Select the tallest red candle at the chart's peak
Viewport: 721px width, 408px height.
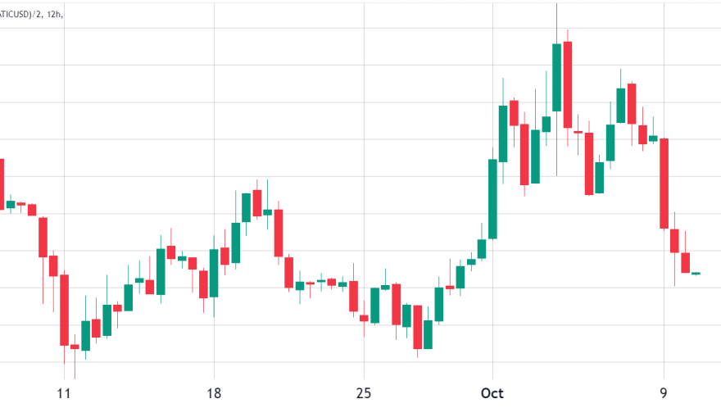click(567, 84)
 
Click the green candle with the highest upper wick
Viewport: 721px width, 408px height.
click(556, 77)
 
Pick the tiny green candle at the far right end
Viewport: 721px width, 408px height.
click(696, 273)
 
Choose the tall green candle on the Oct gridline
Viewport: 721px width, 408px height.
click(492, 198)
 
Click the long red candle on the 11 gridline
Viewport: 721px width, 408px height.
click(64, 310)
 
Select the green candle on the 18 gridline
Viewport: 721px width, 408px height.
click(214, 273)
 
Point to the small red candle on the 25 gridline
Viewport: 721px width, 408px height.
click(364, 317)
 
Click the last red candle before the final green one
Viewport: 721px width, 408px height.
click(686, 263)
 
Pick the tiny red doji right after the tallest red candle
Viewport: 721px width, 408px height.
click(578, 132)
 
